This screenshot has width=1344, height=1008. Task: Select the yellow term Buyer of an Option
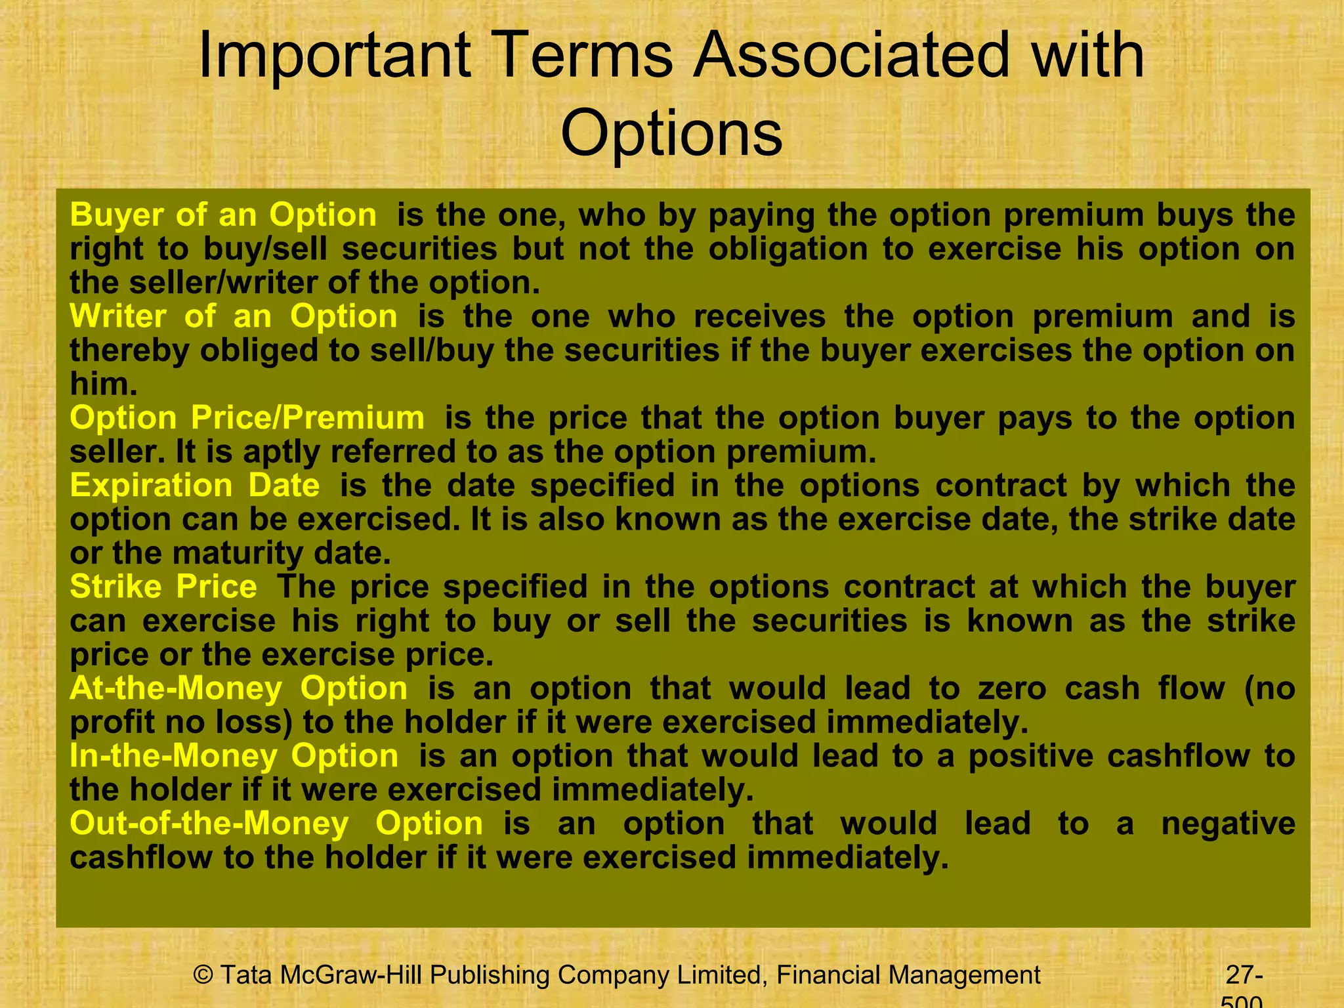(x=223, y=215)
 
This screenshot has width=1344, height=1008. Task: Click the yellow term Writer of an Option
(x=234, y=316)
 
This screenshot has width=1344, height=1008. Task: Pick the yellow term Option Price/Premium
(x=247, y=418)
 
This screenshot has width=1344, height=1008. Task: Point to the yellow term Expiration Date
(x=195, y=486)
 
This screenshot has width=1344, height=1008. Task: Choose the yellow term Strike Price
(x=163, y=587)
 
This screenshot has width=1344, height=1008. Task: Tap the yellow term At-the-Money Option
(x=239, y=688)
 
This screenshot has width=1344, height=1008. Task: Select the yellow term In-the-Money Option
(x=234, y=756)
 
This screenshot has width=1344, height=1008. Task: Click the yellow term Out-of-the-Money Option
(x=276, y=824)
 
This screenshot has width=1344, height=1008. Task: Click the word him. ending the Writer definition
(x=103, y=384)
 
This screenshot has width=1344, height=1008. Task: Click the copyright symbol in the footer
(x=203, y=975)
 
